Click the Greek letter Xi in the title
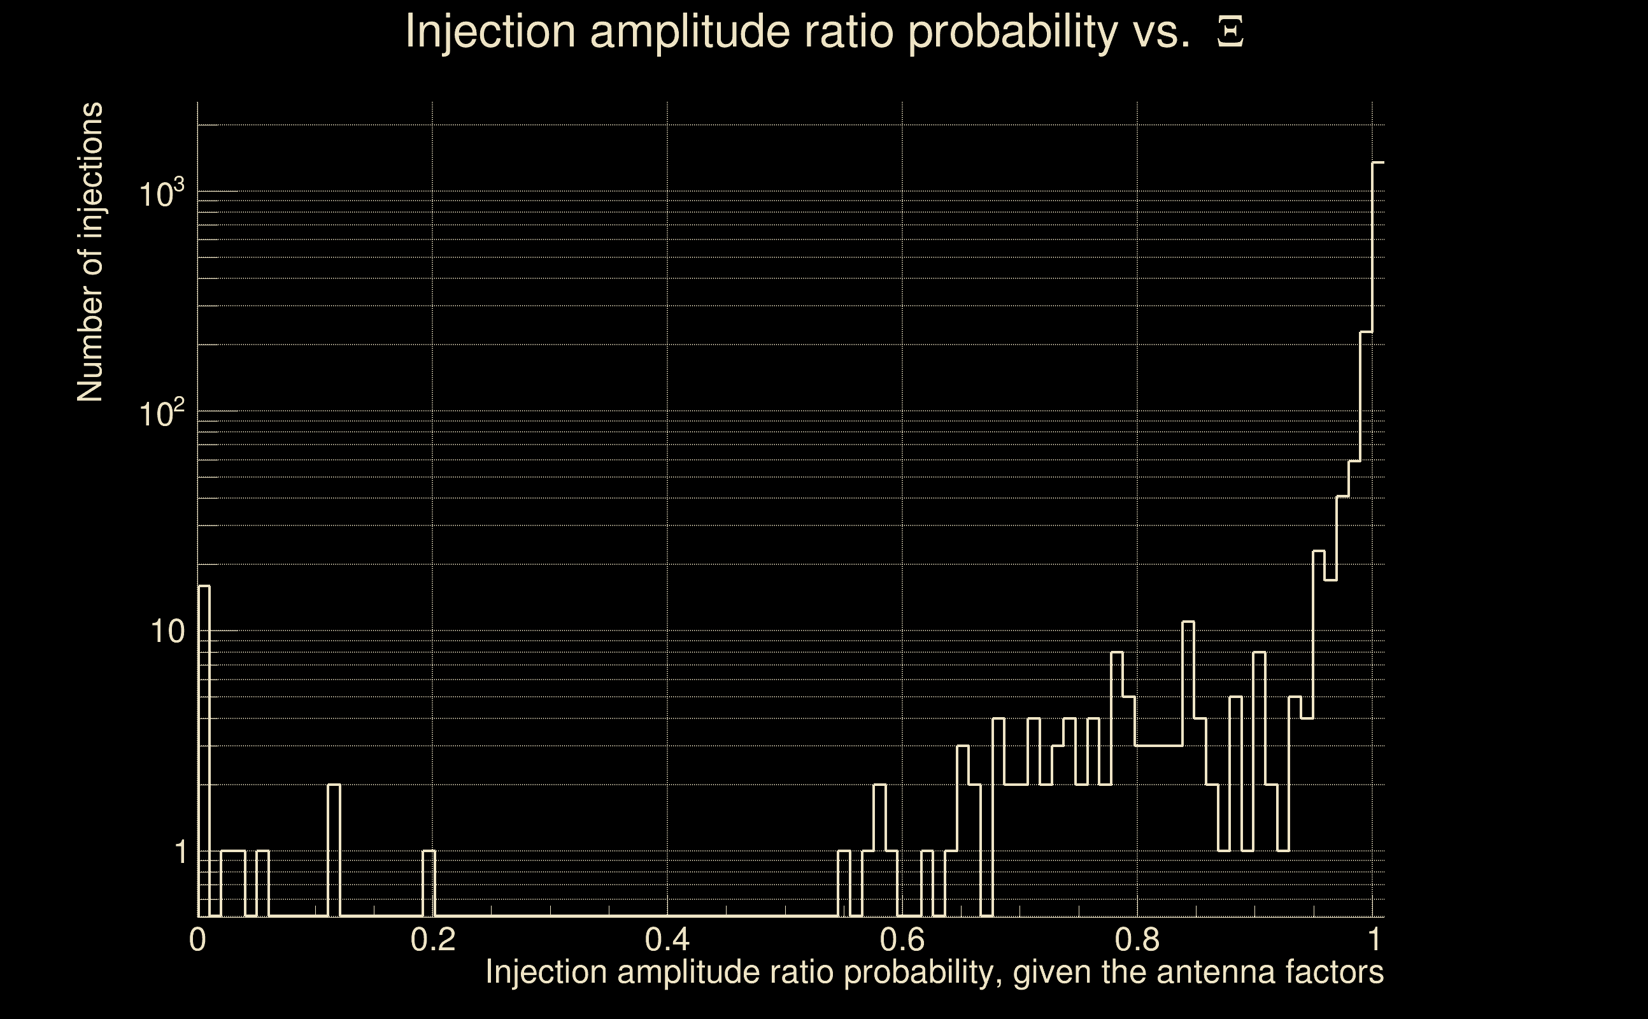1230,32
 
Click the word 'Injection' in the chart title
490,32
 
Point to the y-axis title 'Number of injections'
90,252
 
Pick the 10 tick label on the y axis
167,632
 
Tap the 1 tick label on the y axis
180,852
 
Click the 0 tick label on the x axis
197,939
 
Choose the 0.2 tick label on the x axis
432,939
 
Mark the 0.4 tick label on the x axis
667,939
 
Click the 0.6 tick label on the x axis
902,939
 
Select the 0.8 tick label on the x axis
1137,939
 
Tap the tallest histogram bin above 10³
1378,163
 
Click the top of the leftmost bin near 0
204,587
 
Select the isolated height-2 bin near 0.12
334,785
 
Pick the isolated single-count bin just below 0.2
429,852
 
